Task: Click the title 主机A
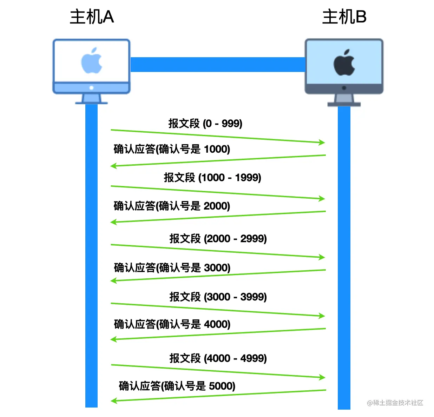point(92,17)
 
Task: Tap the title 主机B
point(344,17)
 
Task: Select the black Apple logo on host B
point(344,62)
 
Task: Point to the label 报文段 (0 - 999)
point(205,124)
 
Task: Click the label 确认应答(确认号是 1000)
point(172,149)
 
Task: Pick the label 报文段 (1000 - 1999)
point(212,178)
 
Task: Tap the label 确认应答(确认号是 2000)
point(172,206)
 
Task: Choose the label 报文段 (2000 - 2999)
point(218,239)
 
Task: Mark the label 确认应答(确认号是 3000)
point(172,268)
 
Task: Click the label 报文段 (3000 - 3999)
point(218,297)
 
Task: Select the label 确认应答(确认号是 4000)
point(172,324)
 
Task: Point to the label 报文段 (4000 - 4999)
point(218,358)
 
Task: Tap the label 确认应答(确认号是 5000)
point(177,386)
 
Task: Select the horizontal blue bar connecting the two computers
point(218,65)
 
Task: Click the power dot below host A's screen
point(92,88)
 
